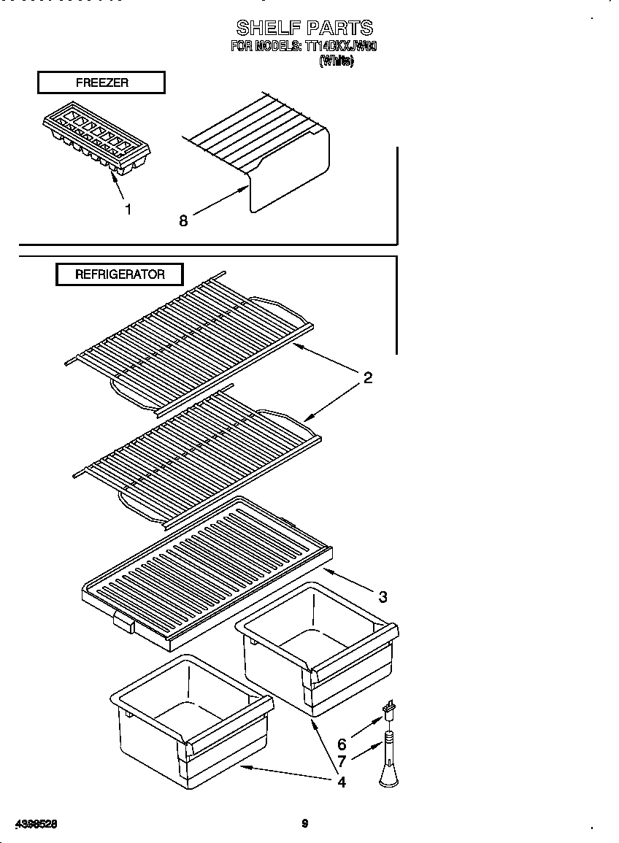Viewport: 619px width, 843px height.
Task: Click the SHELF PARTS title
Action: click(x=304, y=28)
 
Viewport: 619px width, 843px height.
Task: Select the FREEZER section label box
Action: click(x=101, y=83)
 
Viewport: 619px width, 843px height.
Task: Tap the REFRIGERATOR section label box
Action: click(x=120, y=275)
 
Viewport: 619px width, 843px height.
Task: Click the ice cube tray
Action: click(x=96, y=139)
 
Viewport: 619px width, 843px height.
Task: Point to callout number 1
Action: click(x=128, y=210)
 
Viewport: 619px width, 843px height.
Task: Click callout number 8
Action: click(x=183, y=220)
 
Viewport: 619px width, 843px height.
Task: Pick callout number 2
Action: click(x=368, y=378)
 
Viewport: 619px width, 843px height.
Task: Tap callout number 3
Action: click(x=382, y=597)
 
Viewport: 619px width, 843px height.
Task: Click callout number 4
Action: click(x=342, y=783)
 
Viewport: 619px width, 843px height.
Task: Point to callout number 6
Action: click(x=342, y=745)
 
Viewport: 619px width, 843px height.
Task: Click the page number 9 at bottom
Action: click(x=304, y=824)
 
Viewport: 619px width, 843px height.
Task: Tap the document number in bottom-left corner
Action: click(x=36, y=824)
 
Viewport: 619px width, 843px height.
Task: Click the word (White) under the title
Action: click(x=337, y=62)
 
